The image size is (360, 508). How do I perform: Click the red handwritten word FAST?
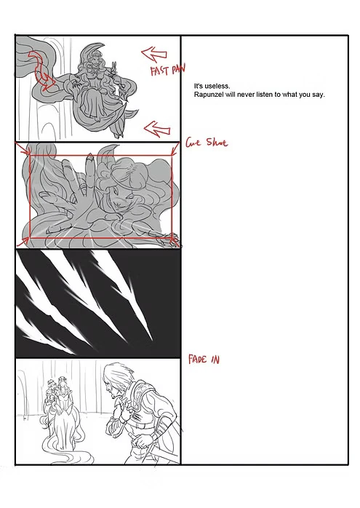pyautogui.click(x=160, y=71)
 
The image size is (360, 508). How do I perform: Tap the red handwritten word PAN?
pyautogui.click(x=178, y=69)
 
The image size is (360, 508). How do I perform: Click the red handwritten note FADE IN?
pyautogui.click(x=204, y=360)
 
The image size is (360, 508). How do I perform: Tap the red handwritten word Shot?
pyautogui.click(x=217, y=142)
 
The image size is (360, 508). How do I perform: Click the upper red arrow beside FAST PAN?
pyautogui.click(x=154, y=54)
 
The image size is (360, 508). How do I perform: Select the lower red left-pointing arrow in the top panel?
pyautogui.click(x=157, y=129)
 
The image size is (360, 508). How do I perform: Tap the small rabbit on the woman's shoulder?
pyautogui.click(x=113, y=68)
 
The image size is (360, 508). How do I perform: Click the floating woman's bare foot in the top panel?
pyautogui.click(x=97, y=119)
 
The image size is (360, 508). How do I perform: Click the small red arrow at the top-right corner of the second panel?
pyautogui.click(x=175, y=148)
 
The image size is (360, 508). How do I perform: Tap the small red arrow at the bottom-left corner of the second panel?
pyautogui.click(x=23, y=241)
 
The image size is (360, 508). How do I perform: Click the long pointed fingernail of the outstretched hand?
pyautogui.click(x=89, y=162)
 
